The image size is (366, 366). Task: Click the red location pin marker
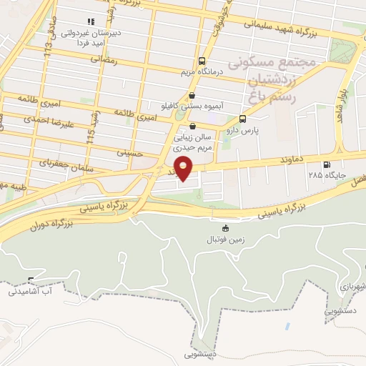184,169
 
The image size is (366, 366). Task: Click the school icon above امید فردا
90,21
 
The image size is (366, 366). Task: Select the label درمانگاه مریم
201,71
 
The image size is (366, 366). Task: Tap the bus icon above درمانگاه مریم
201,61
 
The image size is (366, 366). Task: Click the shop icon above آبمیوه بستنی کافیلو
192,94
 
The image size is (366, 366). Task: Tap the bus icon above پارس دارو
243,119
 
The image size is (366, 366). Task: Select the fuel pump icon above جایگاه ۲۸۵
327,164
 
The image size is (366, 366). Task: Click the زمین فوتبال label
226,240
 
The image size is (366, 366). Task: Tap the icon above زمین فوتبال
226,229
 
